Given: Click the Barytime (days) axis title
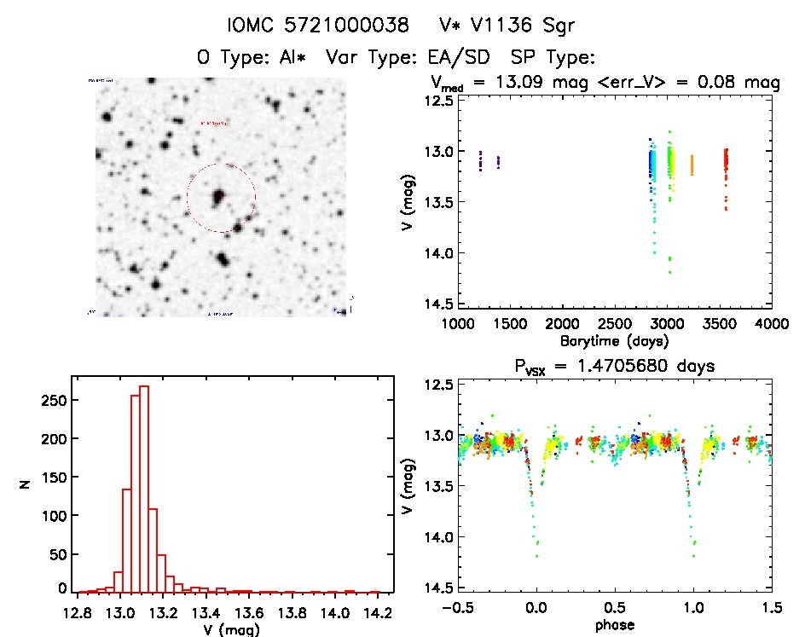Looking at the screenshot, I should click(614, 340).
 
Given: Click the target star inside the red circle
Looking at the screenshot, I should click(218, 198).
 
